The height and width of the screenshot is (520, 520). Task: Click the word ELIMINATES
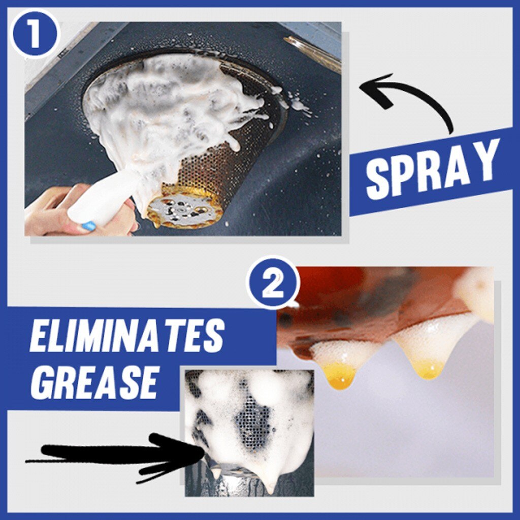tap(126, 336)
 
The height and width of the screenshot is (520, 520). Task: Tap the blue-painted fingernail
tap(88, 226)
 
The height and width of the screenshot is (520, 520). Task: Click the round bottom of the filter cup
tap(185, 208)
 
